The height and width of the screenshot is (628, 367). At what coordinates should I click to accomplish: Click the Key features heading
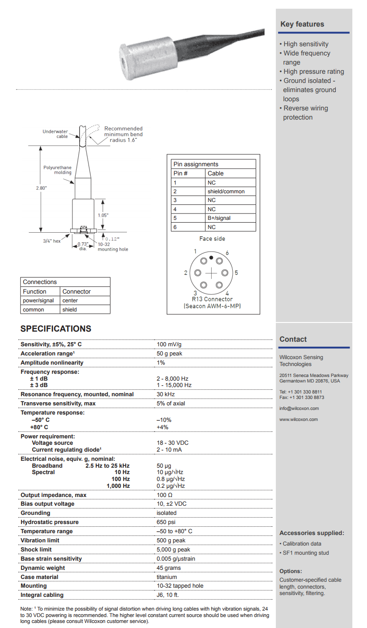[302, 24]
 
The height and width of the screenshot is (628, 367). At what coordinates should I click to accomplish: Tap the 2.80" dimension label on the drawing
[41, 188]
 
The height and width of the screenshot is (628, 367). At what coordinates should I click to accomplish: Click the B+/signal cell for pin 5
[219, 218]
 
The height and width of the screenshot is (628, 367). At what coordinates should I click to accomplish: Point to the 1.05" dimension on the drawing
[103, 215]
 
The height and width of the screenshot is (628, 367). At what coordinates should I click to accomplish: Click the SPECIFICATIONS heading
[56, 329]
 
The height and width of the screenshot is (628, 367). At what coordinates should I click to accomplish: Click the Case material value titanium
[167, 577]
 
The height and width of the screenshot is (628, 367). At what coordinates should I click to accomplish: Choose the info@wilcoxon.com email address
[299, 409]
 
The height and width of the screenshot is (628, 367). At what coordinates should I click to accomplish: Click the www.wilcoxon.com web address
[298, 420]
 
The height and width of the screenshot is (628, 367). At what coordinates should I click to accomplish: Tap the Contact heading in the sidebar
[293, 339]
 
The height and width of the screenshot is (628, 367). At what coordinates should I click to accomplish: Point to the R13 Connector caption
[212, 299]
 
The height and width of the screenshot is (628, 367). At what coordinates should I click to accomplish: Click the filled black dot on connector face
[211, 258]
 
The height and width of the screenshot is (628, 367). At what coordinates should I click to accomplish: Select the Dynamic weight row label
[43, 568]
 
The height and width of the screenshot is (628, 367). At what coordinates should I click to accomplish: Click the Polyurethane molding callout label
[57, 170]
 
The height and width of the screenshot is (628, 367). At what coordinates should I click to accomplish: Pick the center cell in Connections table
[70, 300]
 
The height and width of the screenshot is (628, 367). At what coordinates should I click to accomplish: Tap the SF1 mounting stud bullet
[306, 553]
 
